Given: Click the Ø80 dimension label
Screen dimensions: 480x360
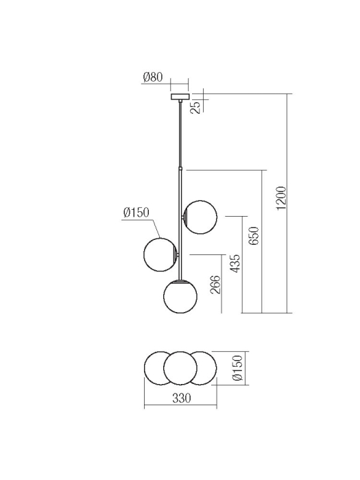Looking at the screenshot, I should pos(152,77).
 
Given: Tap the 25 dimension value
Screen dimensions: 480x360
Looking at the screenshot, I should pos(195,107).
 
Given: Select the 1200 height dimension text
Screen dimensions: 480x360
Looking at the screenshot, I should pos(280,199).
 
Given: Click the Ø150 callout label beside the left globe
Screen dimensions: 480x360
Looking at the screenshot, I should pos(136,213).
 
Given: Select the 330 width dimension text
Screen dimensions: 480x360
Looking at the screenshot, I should pos(180,398).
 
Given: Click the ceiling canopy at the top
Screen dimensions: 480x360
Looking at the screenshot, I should pos(180,95).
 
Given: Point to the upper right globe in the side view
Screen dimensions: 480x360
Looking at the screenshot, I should pos(201,217).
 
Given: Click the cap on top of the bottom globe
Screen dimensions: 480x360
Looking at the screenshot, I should pos(180,280).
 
